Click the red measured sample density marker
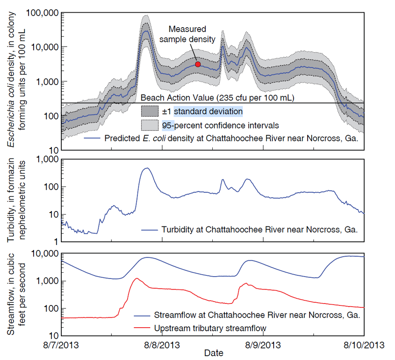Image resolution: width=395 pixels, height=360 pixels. (198, 64)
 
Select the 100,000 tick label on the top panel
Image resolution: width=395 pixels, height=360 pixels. (42, 13)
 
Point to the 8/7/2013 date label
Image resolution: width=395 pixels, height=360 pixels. (61, 344)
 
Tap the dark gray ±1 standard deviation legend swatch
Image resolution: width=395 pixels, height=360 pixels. (150, 111)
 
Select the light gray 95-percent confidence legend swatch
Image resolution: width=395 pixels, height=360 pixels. (150, 125)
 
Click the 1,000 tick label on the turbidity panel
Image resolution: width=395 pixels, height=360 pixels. (48, 159)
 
